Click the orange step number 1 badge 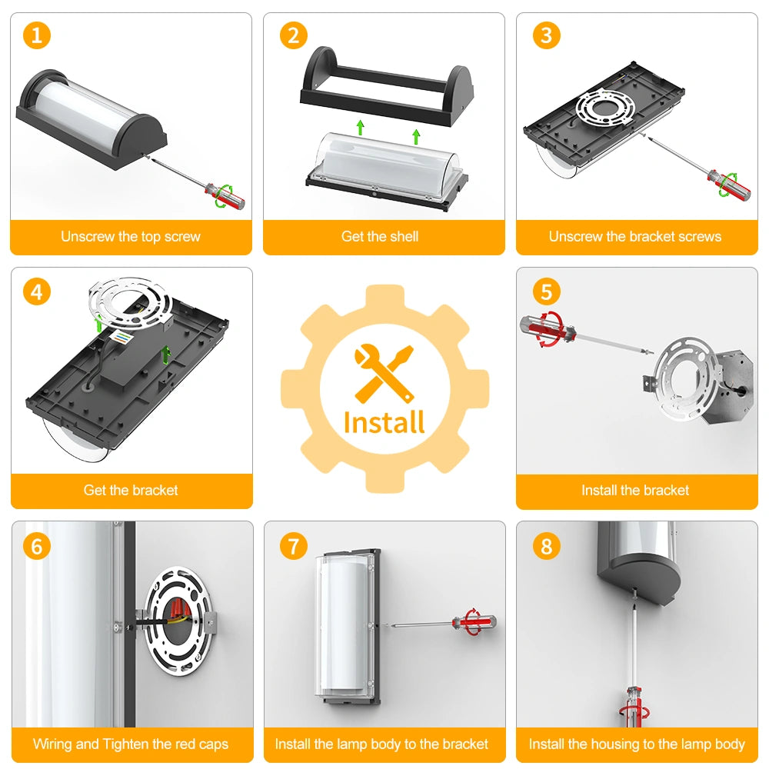(37, 35)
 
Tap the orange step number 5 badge (546, 291)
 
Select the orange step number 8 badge (546, 546)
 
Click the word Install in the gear (384, 423)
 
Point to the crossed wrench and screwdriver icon (384, 373)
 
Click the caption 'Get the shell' (380, 236)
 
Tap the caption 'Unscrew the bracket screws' (635, 236)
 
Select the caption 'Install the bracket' (635, 490)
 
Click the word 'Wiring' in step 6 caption (53, 744)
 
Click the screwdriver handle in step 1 (225, 195)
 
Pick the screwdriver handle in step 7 (474, 622)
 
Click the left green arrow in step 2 (361, 127)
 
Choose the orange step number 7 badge (293, 546)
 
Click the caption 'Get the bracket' (131, 490)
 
